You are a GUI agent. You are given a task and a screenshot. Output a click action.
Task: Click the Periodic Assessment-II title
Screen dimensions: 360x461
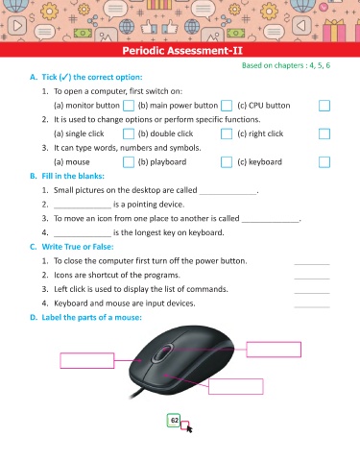pos(182,51)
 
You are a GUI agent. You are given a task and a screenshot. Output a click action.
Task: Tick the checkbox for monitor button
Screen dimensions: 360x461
pos(129,106)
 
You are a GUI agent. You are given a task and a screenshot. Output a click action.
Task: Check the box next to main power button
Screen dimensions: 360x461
pos(227,106)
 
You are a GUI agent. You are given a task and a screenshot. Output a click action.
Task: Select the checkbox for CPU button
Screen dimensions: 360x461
pos(324,106)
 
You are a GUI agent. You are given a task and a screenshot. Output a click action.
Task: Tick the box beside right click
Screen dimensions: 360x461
pos(324,133)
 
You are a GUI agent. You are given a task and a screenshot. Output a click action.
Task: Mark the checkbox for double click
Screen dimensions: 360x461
pos(227,133)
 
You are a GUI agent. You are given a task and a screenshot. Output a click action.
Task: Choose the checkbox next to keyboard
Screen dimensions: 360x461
pos(324,162)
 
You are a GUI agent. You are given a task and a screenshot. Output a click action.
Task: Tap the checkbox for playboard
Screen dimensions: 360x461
pos(227,162)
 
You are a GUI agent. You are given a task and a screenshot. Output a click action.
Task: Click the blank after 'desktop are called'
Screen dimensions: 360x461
pos(228,194)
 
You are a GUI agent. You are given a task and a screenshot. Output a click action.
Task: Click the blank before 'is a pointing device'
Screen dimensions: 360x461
pos(83,208)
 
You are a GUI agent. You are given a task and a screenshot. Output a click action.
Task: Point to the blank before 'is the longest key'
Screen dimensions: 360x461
pos(83,236)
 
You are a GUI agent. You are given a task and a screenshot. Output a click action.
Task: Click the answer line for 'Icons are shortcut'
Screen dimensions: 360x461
pos(312,279)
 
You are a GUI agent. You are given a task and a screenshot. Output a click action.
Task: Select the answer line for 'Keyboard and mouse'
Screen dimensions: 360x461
pos(312,307)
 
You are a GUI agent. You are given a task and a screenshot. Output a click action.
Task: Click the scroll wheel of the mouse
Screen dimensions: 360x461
pos(163,352)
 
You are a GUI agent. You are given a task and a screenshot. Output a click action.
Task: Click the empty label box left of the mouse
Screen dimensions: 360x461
pos(87,360)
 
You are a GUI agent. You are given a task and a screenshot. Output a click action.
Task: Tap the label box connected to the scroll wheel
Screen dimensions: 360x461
pos(274,350)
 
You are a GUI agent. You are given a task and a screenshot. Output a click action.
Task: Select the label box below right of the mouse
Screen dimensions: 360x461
pos(236,386)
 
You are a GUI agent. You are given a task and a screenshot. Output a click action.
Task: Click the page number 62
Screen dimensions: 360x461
pos(175,421)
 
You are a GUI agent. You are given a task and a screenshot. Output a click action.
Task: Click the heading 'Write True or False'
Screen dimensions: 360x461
pos(78,247)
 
